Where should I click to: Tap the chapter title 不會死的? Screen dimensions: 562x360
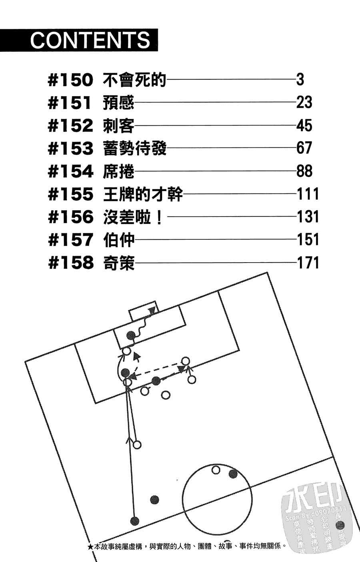[134, 80]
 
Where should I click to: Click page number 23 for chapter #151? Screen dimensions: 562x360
[304, 103]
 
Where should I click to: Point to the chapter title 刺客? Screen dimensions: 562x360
[118, 126]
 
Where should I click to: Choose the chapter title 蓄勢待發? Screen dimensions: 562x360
[134, 149]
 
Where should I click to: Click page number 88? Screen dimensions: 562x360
[304, 171]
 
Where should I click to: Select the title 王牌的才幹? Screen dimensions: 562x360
[143, 195]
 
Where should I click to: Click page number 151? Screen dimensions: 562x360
[308, 240]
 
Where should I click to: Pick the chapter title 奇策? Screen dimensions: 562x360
[118, 263]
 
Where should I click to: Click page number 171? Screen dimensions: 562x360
[308, 263]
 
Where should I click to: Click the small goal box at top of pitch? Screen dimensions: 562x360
[143, 312]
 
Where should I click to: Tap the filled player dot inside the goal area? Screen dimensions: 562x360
[130, 335]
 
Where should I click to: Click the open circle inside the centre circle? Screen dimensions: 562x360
[216, 470]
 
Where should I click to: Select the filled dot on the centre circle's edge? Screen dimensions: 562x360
[233, 474]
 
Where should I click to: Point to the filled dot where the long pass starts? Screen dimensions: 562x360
[135, 521]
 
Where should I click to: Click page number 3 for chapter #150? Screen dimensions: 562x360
[300, 80]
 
